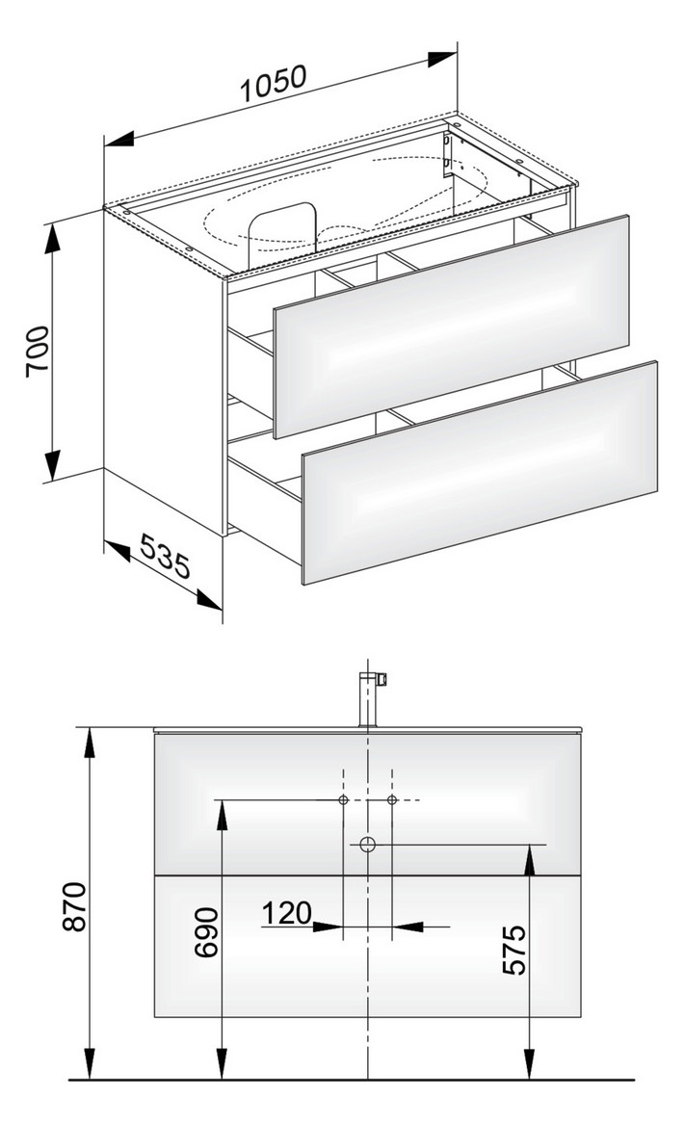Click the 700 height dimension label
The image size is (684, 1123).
(x=37, y=353)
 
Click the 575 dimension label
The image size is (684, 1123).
(x=515, y=950)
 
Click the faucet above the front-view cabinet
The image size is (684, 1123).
(x=368, y=698)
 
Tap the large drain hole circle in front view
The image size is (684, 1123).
(x=367, y=845)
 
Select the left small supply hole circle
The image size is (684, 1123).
(x=344, y=800)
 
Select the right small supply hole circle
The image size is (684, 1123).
(x=392, y=800)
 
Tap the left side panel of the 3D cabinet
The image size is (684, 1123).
(x=164, y=366)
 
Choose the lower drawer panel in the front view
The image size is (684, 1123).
(x=369, y=945)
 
